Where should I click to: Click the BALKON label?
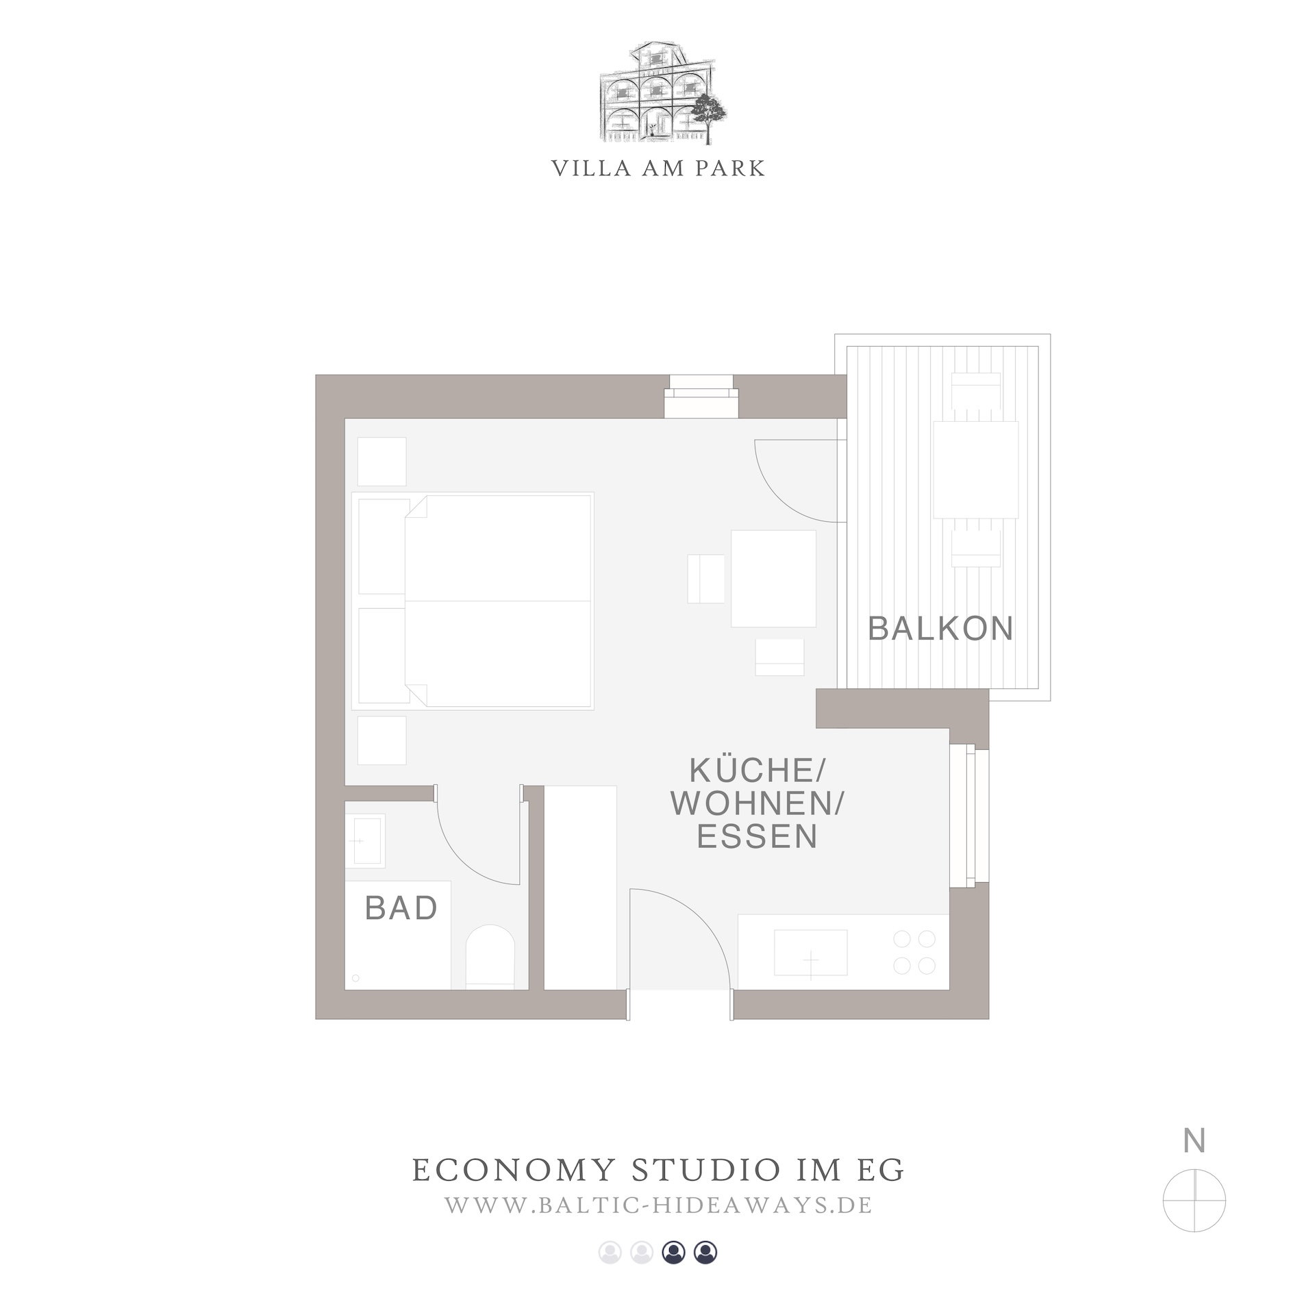(940, 628)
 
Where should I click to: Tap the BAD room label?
(401, 908)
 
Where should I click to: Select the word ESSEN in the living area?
(757, 836)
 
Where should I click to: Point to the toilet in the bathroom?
(490, 956)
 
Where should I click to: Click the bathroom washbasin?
(365, 840)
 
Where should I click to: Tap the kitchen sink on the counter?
(810, 952)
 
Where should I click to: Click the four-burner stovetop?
(914, 952)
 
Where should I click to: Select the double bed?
(473, 601)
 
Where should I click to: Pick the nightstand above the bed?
(382, 462)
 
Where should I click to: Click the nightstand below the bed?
(382, 740)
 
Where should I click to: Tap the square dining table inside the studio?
(773, 578)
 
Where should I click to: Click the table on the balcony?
(976, 469)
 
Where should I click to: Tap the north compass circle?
(1194, 1201)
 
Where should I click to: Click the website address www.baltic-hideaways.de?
(658, 1205)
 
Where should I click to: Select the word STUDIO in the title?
(705, 1170)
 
